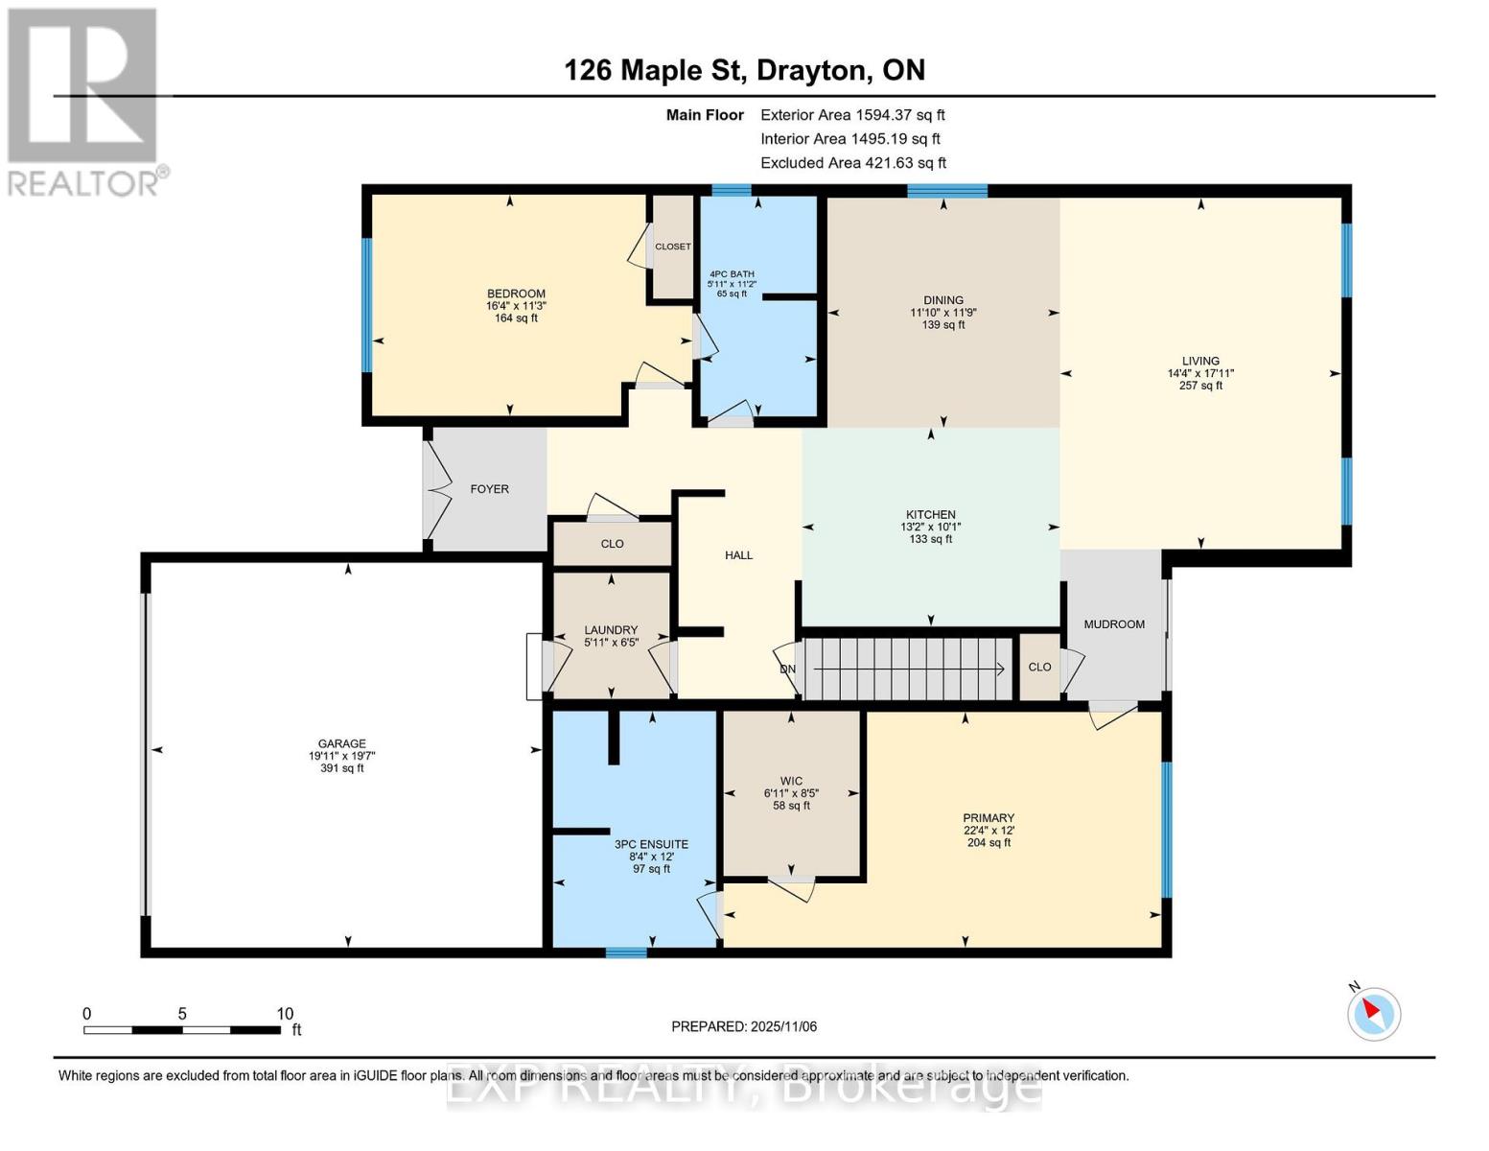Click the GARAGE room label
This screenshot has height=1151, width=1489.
click(341, 743)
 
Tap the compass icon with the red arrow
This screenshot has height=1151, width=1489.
click(1373, 1014)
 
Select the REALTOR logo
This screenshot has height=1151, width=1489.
click(85, 103)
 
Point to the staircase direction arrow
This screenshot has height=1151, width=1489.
click(909, 669)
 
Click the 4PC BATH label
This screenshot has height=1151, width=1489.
click(732, 274)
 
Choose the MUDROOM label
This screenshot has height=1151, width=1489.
click(1114, 624)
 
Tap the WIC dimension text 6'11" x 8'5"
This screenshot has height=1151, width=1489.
click(791, 793)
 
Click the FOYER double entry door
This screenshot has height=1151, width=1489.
click(436, 489)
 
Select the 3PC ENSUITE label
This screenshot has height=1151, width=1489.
click(651, 845)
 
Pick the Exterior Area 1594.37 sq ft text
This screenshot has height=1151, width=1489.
click(852, 115)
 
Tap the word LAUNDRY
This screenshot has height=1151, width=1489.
click(611, 630)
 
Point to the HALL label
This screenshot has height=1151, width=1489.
click(738, 555)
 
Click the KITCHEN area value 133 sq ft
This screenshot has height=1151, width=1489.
click(931, 539)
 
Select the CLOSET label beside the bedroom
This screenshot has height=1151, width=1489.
click(673, 247)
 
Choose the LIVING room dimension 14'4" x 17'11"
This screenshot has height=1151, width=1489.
click(1200, 374)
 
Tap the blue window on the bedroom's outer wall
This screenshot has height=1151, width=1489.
click(366, 305)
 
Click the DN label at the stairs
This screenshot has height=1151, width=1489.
click(787, 669)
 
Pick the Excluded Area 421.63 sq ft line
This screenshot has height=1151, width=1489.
click(853, 163)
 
